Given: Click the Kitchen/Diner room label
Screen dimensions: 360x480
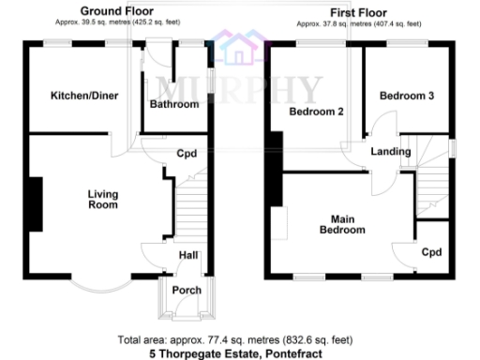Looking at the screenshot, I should pyautogui.click(x=77, y=96).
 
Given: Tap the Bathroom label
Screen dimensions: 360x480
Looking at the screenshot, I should pyautogui.click(x=174, y=105).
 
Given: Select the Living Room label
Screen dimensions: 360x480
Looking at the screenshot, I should pyautogui.click(x=103, y=199).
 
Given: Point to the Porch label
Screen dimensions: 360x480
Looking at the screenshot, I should pyautogui.click(x=187, y=291).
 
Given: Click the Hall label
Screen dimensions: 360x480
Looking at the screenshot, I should pyautogui.click(x=188, y=256).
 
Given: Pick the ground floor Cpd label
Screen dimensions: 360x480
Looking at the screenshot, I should pyautogui.click(x=187, y=154).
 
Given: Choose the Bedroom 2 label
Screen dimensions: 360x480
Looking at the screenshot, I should pyautogui.click(x=316, y=112).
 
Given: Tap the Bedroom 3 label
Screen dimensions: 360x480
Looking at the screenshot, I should pyautogui.click(x=404, y=96).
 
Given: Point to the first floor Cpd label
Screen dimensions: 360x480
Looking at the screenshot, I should pyautogui.click(x=431, y=252).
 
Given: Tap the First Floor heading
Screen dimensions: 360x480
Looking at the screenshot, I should pyautogui.click(x=356, y=12).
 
